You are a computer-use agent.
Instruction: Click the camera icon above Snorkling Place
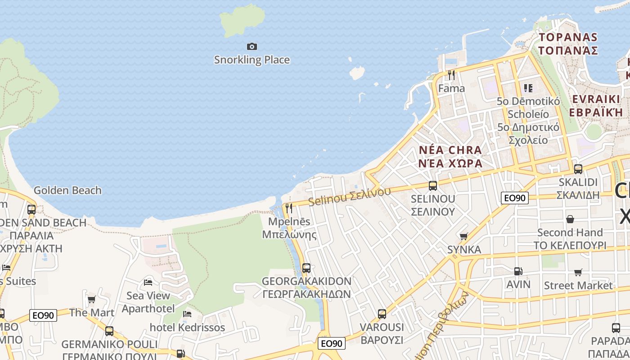coord(252,46)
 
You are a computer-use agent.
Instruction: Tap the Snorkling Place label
coord(252,60)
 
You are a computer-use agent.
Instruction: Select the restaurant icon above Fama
coord(451,75)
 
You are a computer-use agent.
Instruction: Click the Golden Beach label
coord(67,190)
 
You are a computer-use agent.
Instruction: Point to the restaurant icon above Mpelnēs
coord(289,208)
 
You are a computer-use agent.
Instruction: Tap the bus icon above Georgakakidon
coord(306,268)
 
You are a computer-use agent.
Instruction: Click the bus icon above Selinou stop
coord(433,185)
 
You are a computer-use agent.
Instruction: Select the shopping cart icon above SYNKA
coord(464,236)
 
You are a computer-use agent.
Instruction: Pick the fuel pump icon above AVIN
coord(518,271)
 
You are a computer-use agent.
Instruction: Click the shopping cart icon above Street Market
coord(578,272)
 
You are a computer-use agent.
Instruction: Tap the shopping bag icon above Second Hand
coord(570,219)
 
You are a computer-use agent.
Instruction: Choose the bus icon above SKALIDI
coord(578,169)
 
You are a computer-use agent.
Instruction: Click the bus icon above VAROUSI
coord(382,314)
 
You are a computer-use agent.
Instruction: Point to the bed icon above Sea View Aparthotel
coord(148,283)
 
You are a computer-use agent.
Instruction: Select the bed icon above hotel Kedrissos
coord(187,314)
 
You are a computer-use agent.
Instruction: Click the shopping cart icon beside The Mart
coord(91,299)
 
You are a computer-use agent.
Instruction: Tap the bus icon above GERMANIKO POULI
coord(109,331)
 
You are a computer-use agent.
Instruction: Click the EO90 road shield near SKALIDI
coord(515,198)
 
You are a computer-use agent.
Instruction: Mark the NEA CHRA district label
coord(450,156)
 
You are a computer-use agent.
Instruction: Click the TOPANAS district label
coord(568,44)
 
